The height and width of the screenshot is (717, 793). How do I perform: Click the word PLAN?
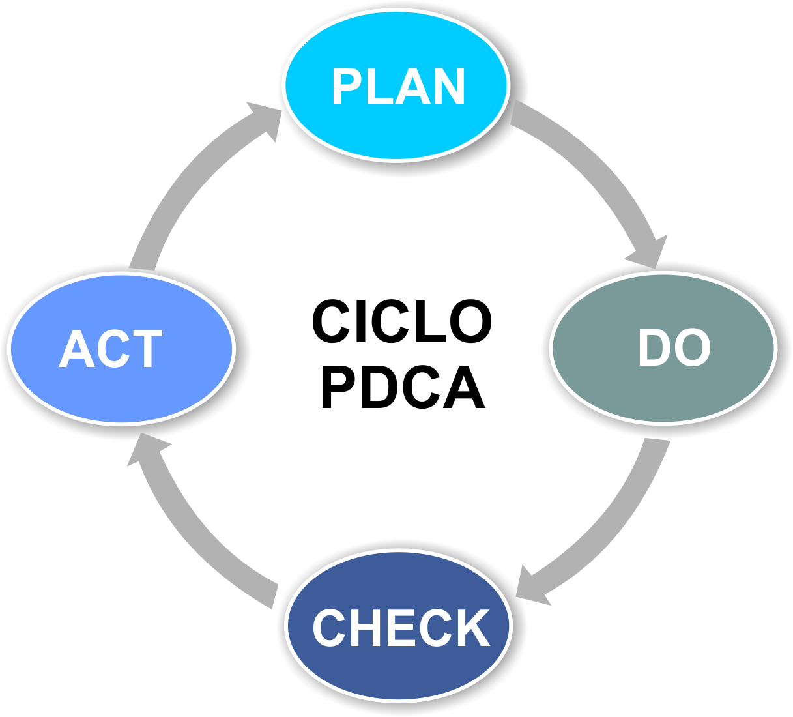pyautogui.click(x=398, y=87)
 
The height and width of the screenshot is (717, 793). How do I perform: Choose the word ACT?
pyautogui.click(x=110, y=349)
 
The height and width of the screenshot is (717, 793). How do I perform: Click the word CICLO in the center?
pyautogui.click(x=401, y=321)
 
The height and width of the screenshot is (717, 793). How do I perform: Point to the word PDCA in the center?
pyautogui.click(x=403, y=388)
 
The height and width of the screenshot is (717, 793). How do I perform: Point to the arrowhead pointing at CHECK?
pyautogui.click(x=531, y=587)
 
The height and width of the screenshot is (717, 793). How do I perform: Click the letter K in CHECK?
pyautogui.click(x=473, y=628)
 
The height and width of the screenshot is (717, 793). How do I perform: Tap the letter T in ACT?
pyautogui.click(x=147, y=349)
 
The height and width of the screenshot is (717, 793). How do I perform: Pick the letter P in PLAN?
pyautogui.click(x=346, y=87)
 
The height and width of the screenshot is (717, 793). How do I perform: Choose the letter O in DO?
pyautogui.click(x=693, y=347)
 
